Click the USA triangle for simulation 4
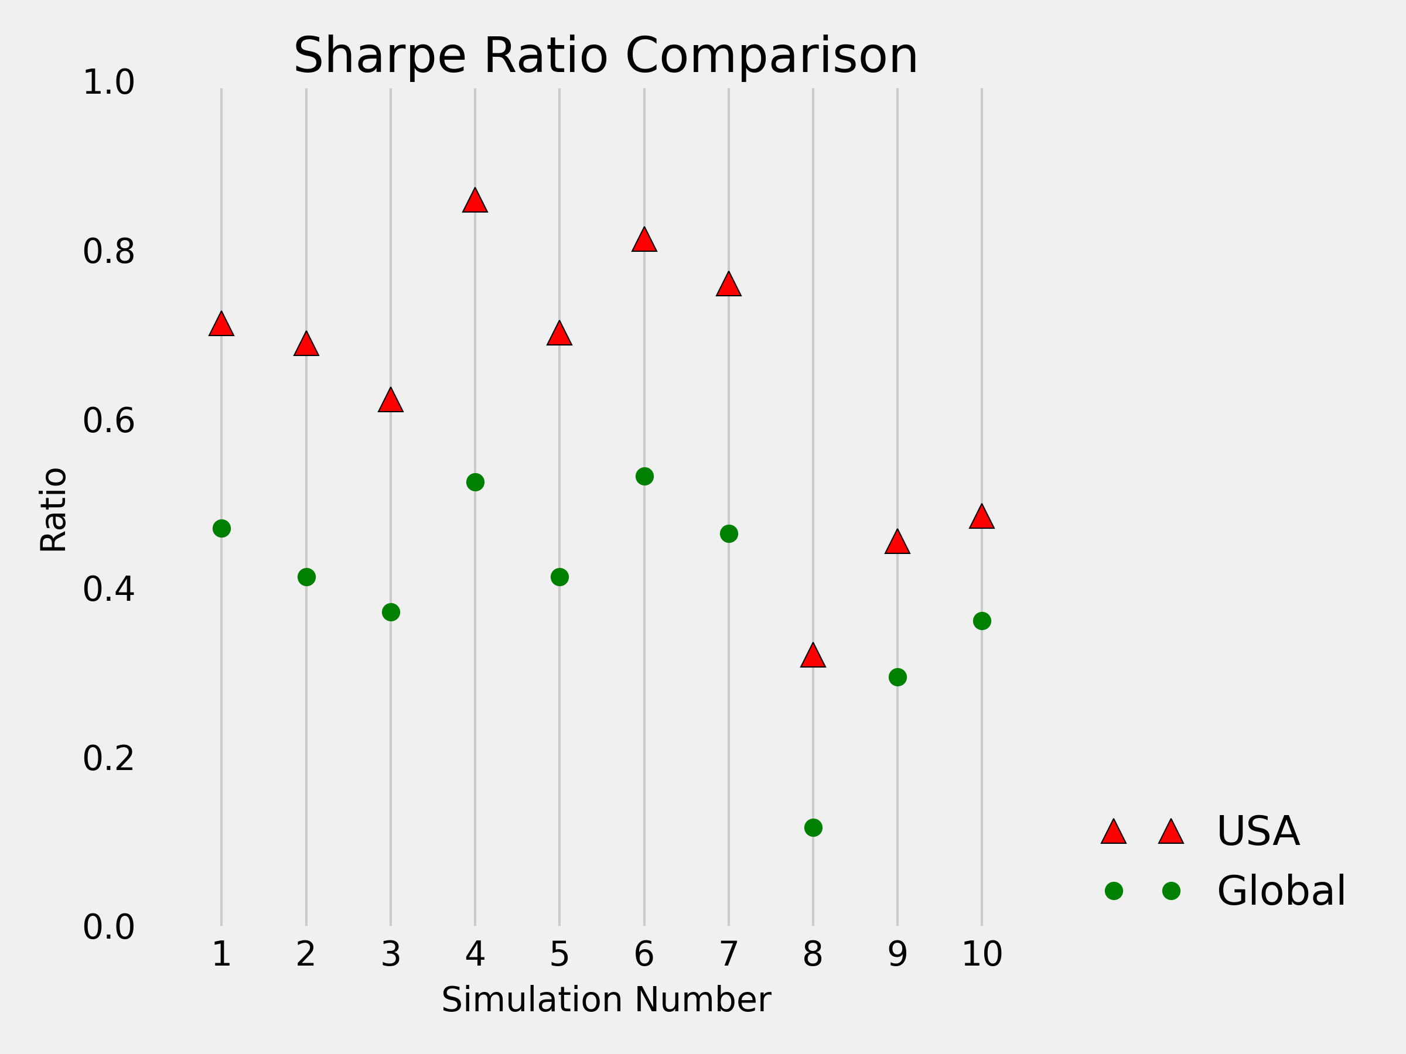(475, 201)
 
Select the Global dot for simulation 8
(813, 827)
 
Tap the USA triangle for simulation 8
(813, 656)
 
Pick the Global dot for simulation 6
(644, 477)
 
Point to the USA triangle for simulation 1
(221, 324)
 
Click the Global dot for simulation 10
(981, 621)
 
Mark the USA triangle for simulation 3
(391, 401)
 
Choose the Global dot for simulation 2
(306, 577)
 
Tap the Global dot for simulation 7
(728, 533)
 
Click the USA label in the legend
(1258, 831)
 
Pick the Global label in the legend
(1281, 891)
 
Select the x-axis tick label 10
(981, 954)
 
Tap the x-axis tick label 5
(559, 954)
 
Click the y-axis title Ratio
(53, 509)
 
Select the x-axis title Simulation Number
(606, 1000)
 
